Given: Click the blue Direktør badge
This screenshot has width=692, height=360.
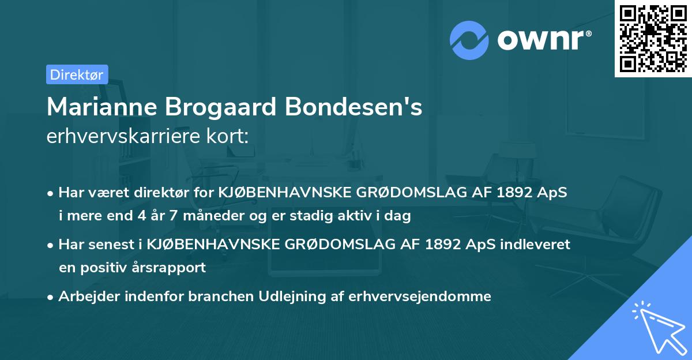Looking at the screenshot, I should point(77,74).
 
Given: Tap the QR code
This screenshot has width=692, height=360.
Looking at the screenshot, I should point(653,38).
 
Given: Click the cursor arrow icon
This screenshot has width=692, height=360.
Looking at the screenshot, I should point(657,326).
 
